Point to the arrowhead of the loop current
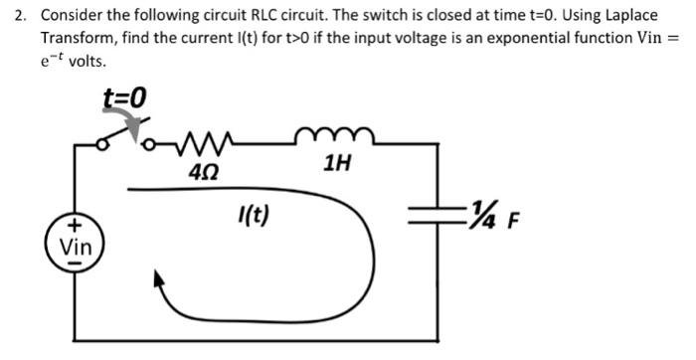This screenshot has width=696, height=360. (157, 283)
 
